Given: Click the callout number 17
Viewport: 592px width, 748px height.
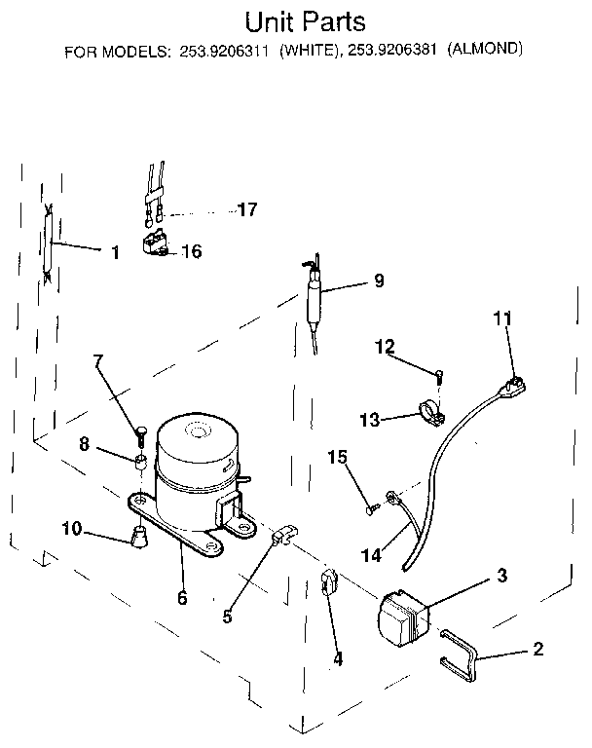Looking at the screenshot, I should (x=248, y=209).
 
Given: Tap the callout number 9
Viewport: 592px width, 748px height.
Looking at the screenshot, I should (x=379, y=281).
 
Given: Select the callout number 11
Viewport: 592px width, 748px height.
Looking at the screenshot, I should (x=501, y=318).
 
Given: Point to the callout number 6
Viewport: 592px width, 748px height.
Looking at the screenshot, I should (x=182, y=598).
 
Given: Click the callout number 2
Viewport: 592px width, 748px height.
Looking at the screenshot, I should (x=537, y=650).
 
